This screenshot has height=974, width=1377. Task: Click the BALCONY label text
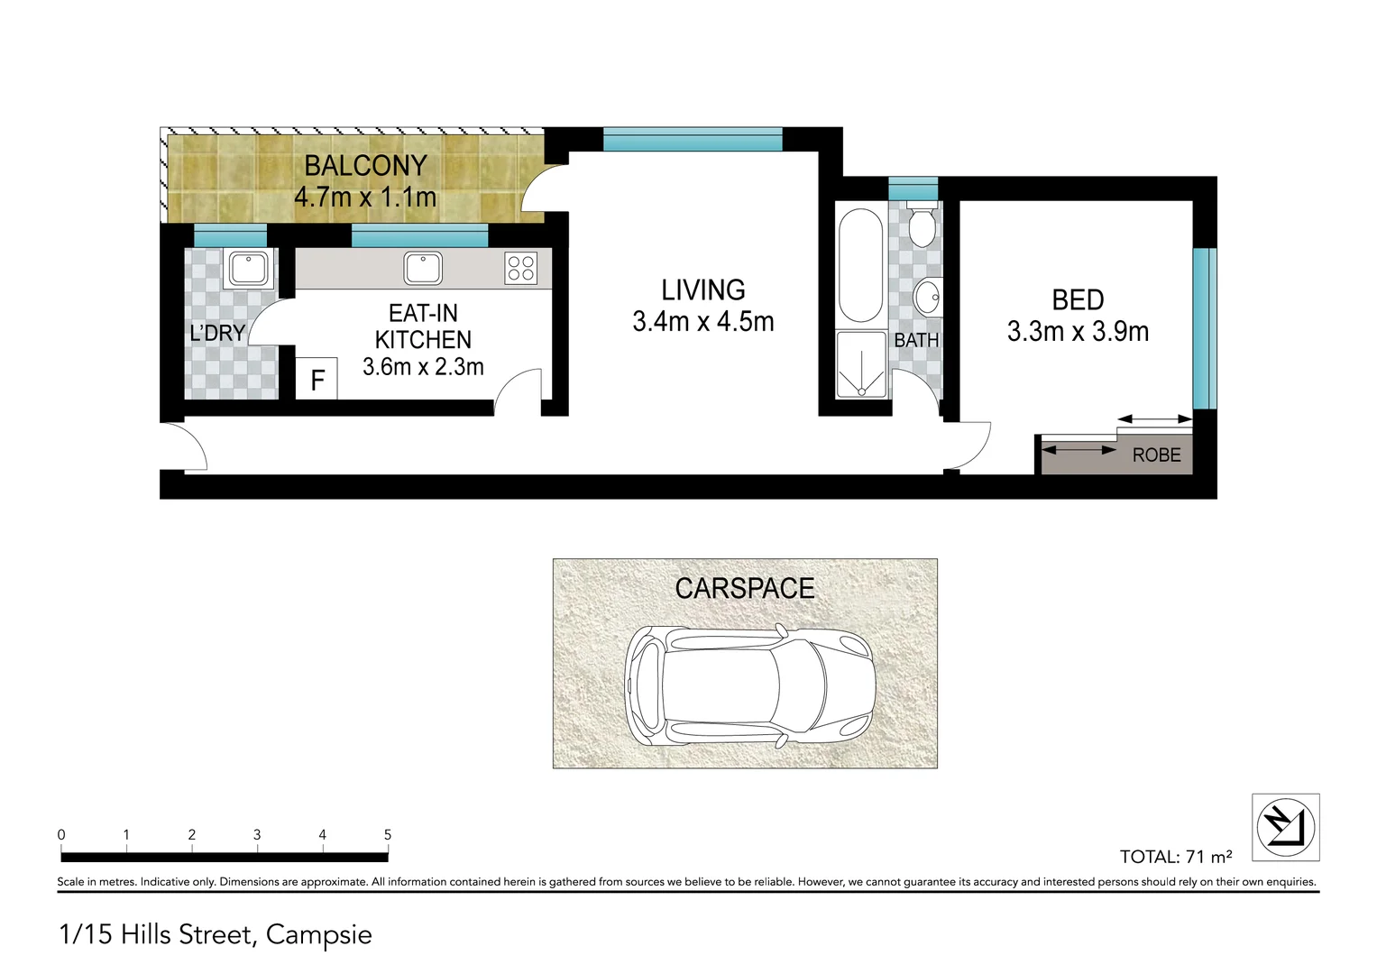[365, 166]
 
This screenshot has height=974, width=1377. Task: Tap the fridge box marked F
[317, 380]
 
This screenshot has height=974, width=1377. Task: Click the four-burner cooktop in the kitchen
[521, 268]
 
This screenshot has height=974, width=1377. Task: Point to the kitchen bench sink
[423, 268]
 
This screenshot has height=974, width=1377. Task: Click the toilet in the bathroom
[921, 225]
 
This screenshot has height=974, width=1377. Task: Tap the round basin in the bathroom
[926, 296]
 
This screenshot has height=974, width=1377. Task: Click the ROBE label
[1156, 455]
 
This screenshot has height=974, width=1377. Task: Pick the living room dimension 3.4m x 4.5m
[703, 322]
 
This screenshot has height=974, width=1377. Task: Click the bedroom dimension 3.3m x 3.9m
[1078, 332]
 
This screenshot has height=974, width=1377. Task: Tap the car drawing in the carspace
[749, 685]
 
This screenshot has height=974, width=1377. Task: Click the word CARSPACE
[744, 589]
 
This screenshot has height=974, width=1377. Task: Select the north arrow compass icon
[1286, 827]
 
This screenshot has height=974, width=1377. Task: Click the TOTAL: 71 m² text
[1175, 857]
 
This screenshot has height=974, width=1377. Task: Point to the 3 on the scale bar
[257, 835]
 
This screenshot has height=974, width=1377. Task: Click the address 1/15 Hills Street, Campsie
[215, 934]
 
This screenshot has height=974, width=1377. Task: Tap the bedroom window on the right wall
[1199, 329]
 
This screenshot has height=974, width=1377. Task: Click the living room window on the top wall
[692, 139]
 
